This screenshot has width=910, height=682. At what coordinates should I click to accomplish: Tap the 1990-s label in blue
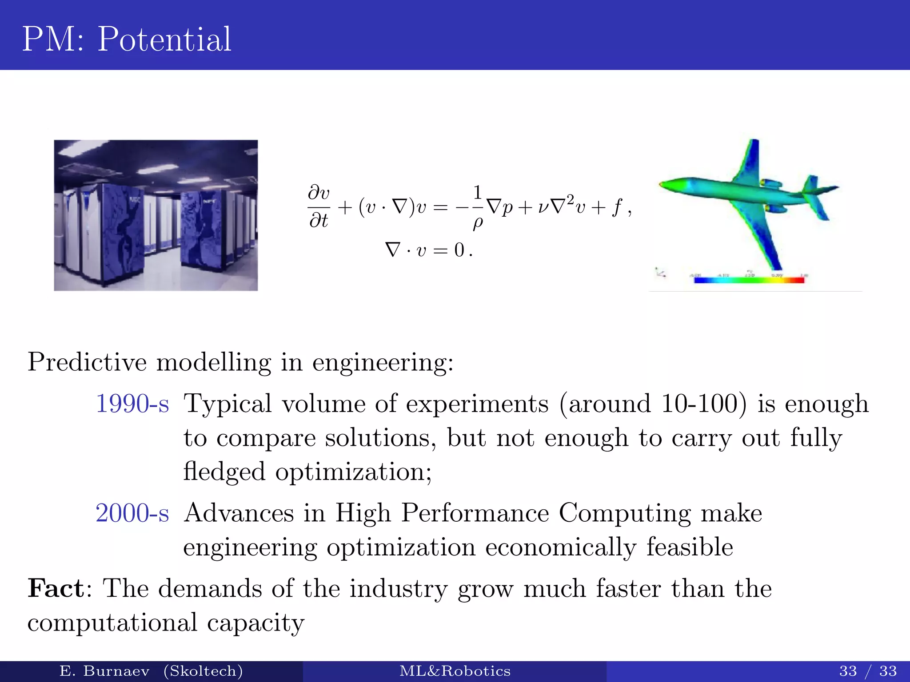click(132, 404)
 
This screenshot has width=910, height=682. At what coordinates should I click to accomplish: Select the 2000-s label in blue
click(132, 513)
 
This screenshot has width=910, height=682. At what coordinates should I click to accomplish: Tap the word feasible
click(689, 547)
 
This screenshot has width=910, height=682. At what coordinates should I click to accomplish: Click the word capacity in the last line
click(255, 623)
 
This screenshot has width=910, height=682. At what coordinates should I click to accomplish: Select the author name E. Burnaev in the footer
click(104, 671)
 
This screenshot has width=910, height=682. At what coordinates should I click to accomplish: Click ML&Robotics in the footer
click(455, 671)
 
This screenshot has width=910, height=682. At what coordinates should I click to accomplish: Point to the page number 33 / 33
click(868, 671)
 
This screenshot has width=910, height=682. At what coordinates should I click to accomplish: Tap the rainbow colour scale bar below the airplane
click(749, 280)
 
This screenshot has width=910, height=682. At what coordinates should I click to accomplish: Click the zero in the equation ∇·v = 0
click(459, 250)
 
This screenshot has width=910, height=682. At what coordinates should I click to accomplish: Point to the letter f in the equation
click(616, 207)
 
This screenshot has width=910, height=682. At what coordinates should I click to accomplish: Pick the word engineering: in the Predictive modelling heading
click(383, 362)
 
